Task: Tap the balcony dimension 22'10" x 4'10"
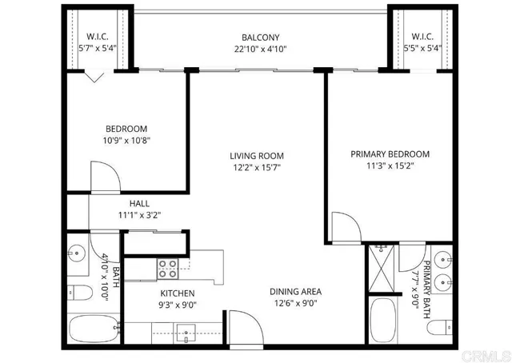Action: (x=260, y=49)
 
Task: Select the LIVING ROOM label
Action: (x=257, y=156)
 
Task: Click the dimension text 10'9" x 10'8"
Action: (x=126, y=140)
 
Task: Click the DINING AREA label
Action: (x=295, y=292)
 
